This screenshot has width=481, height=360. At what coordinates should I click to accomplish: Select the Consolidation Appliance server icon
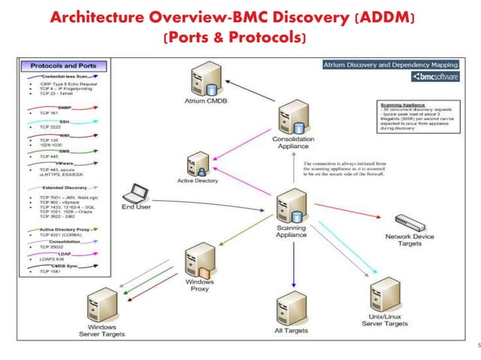point(290,117)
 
